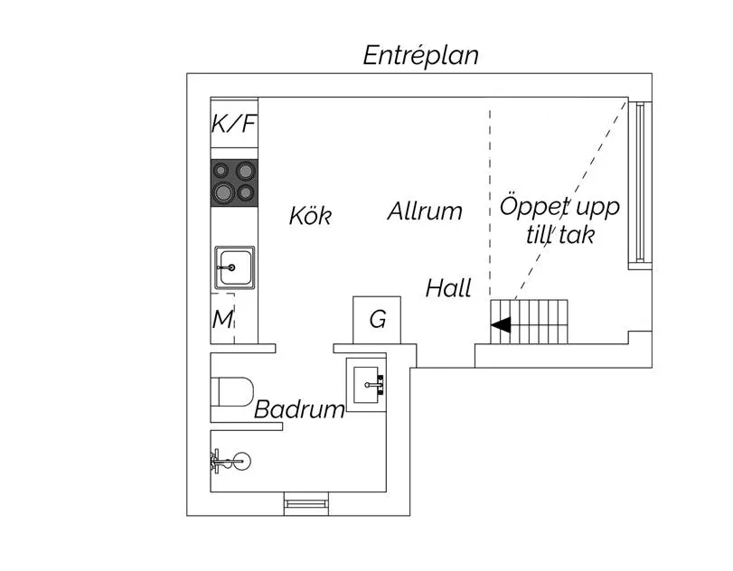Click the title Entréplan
(420, 55)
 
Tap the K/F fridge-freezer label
(234, 124)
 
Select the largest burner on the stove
(223, 192)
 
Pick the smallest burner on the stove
(222, 169)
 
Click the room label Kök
(310, 216)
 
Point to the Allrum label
(425, 212)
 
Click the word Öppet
(532, 207)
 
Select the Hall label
(449, 289)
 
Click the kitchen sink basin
(233, 267)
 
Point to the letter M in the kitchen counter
(222, 319)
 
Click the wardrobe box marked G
(377, 319)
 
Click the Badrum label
(299, 409)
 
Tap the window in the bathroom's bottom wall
(306, 504)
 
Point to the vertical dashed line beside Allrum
(491, 199)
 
